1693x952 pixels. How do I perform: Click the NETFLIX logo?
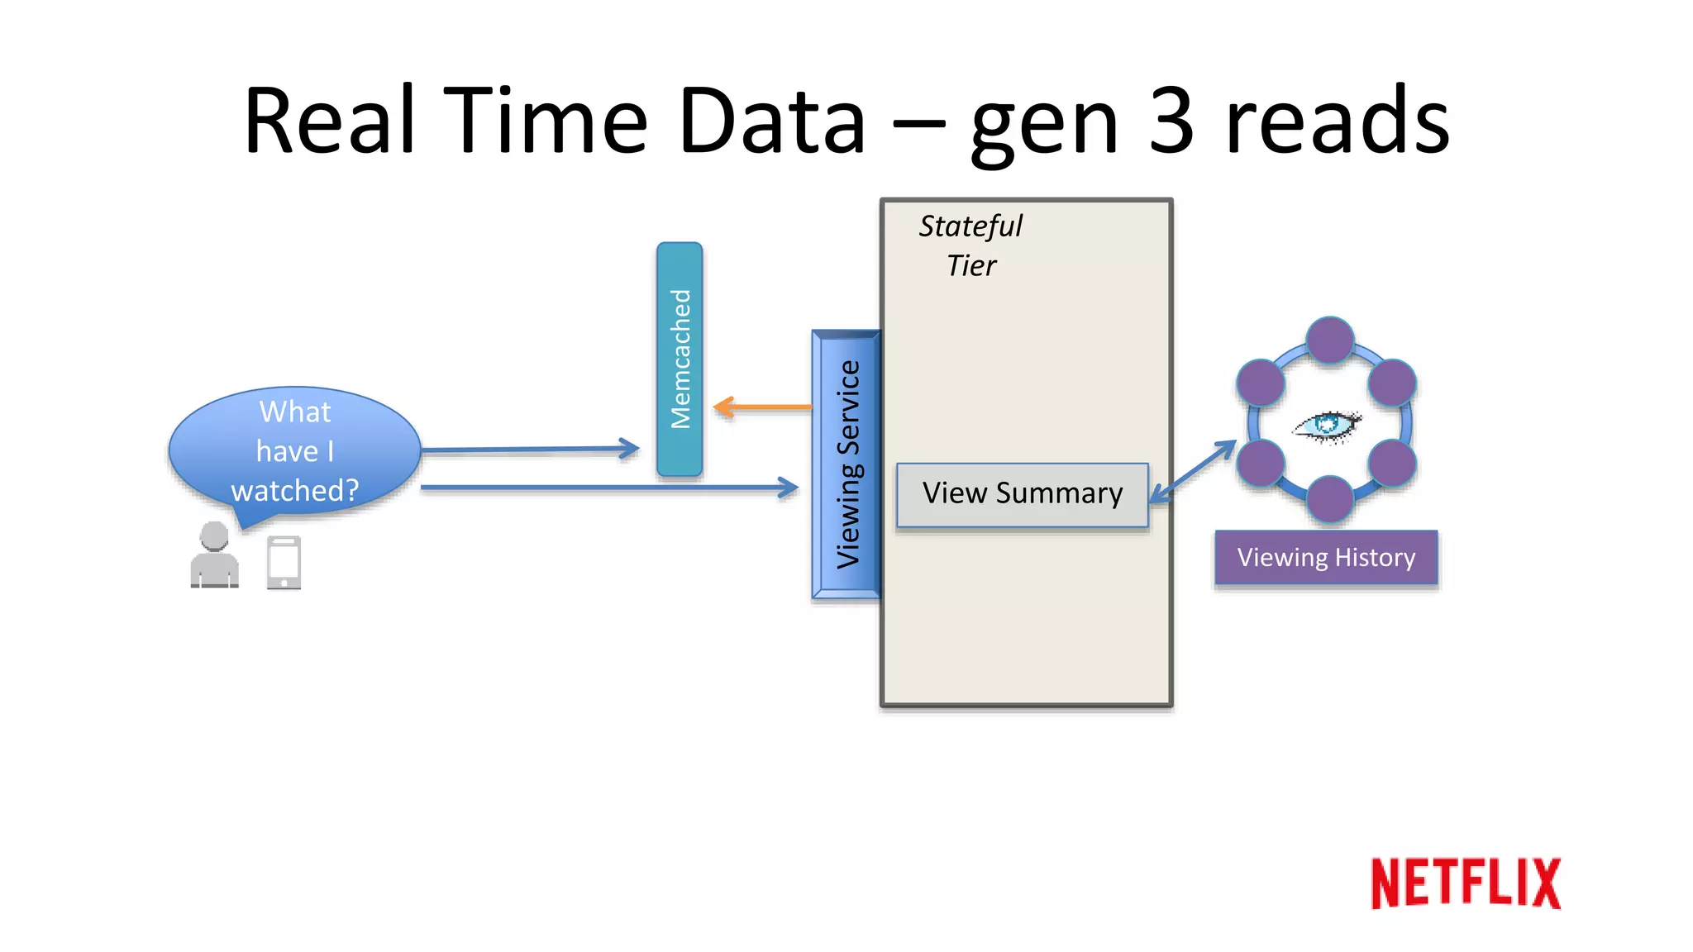pyautogui.click(x=1465, y=883)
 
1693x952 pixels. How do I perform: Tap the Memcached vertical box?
pyautogui.click(x=680, y=359)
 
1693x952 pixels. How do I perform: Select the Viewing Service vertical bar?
pyautogui.click(x=846, y=464)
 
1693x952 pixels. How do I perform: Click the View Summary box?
pyautogui.click(x=1023, y=494)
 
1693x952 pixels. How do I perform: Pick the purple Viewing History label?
pyautogui.click(x=1326, y=558)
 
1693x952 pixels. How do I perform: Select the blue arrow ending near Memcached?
pyautogui.click(x=529, y=450)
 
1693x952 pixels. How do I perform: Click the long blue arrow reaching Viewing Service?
pyautogui.click(x=608, y=488)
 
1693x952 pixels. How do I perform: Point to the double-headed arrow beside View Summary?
pyautogui.click(x=1193, y=471)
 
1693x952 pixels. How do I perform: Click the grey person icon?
pyautogui.click(x=214, y=555)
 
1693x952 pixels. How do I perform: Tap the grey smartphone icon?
pyautogui.click(x=284, y=563)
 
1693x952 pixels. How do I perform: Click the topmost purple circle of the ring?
pyautogui.click(x=1329, y=340)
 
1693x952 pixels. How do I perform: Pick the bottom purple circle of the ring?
pyautogui.click(x=1329, y=498)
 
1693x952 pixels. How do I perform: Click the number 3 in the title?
pyautogui.click(x=1171, y=121)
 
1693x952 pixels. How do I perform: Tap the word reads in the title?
pyautogui.click(x=1337, y=121)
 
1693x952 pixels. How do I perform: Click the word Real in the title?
pyautogui.click(x=329, y=121)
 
